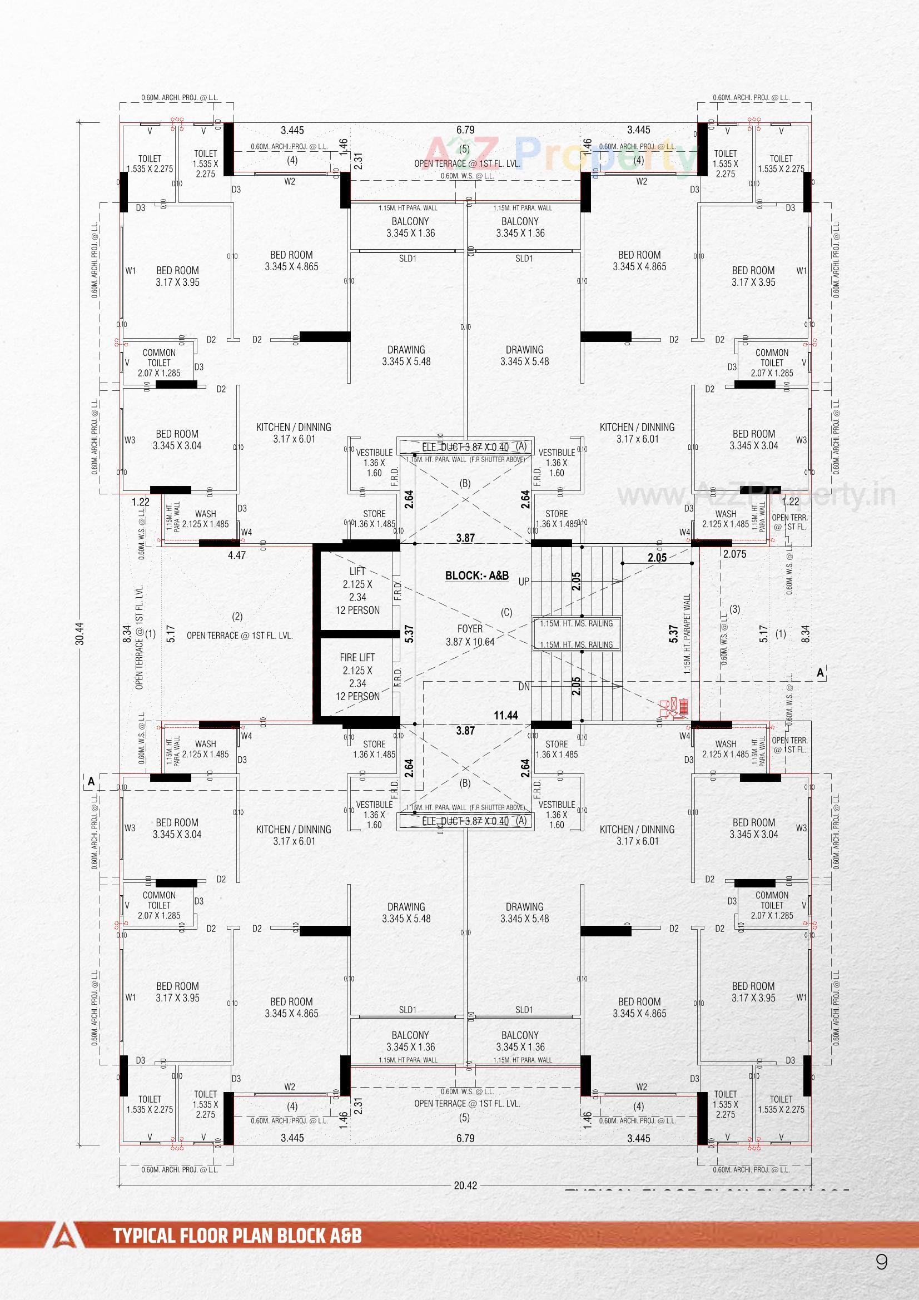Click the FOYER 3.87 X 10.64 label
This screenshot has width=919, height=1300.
click(470, 635)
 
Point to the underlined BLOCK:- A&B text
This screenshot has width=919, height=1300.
click(477, 576)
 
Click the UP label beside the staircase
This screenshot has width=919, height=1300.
click(524, 582)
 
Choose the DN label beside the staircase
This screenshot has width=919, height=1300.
click(524, 687)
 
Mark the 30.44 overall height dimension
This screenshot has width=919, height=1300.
click(80, 633)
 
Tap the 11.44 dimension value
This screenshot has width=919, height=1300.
click(506, 715)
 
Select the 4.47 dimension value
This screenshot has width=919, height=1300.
click(237, 555)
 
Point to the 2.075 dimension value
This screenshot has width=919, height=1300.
click(734, 554)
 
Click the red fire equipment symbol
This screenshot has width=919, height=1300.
click(674, 708)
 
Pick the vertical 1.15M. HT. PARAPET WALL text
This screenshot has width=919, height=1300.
click(687, 633)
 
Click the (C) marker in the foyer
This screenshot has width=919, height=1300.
click(506, 612)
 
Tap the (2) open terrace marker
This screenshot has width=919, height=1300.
click(237, 616)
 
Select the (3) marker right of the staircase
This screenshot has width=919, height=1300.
click(735, 609)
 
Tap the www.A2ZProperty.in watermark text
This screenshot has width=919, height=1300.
click(756, 494)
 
